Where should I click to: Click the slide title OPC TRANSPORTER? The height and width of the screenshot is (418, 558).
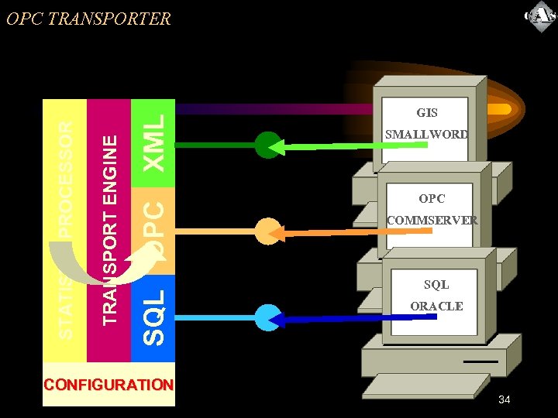tap(88, 19)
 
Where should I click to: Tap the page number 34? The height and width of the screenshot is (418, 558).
tap(505, 399)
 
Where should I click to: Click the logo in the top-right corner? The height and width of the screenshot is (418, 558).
tap(539, 17)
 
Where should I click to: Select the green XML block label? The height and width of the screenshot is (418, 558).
tap(154, 142)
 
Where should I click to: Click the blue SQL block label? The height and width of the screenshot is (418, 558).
tap(153, 317)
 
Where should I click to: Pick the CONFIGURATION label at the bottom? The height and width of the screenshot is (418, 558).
tap(109, 385)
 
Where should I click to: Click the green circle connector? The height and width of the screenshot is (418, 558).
tap(267, 145)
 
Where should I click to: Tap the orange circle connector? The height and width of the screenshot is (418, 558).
tap(267, 231)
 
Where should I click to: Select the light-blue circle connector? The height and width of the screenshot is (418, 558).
tap(267, 318)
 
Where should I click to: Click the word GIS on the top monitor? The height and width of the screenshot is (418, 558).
tap(427, 113)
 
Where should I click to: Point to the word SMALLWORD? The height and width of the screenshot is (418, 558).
tap(427, 135)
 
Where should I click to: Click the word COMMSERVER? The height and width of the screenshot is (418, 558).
tap(432, 221)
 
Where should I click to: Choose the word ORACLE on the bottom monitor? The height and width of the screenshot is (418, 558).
tap(436, 307)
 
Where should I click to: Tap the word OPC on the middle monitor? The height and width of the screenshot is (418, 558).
tap(432, 199)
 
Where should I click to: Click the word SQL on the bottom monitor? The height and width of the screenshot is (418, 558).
tap(436, 285)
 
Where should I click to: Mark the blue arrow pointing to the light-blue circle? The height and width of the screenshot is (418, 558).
tap(333, 318)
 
